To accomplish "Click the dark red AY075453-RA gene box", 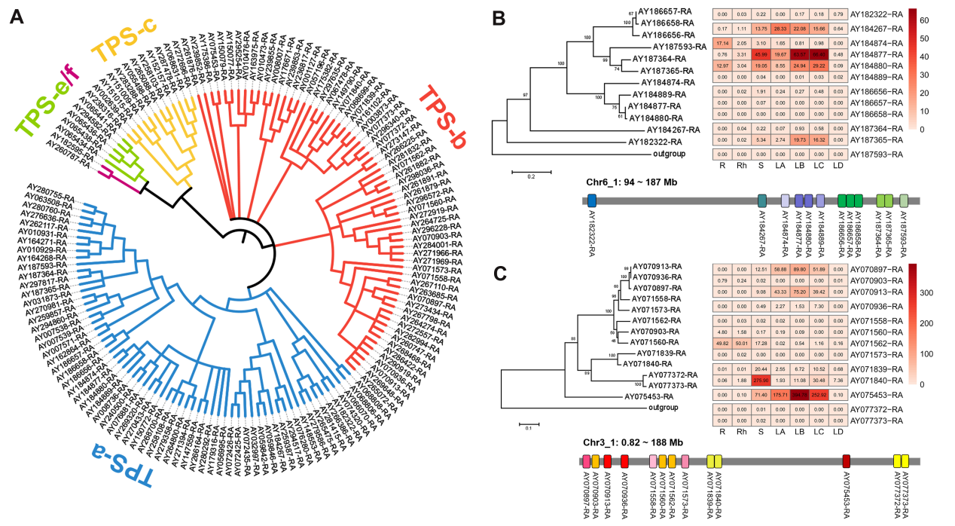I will pos(847,460).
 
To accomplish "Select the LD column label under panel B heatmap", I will pos(837,161).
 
